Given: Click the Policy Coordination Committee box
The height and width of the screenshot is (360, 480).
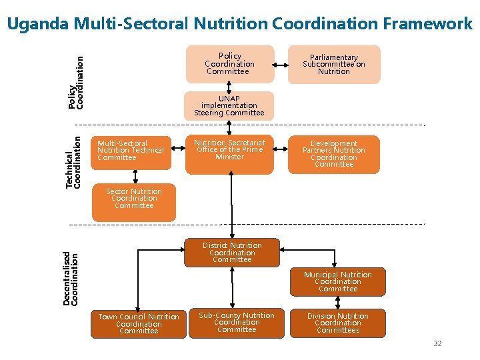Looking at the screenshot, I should coord(229,64).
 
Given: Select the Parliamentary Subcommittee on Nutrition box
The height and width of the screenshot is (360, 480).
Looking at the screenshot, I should coord(333,64).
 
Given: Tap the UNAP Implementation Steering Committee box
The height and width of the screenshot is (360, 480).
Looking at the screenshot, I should coord(229,105).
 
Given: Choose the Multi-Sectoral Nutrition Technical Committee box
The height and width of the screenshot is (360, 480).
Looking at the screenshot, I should coord(131,152).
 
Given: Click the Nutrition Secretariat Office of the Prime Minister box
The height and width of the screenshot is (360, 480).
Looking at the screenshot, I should coord(229,154).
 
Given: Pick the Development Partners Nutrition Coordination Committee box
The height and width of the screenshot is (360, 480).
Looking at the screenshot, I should coord(333,154).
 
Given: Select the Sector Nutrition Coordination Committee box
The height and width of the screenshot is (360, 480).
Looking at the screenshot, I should coord(134,201).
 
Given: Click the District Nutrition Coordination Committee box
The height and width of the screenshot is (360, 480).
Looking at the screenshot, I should coord(232,253).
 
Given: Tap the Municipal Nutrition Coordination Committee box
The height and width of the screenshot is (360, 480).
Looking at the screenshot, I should coord(338,281).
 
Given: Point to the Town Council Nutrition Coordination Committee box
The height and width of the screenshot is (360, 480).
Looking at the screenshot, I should coord(139,324).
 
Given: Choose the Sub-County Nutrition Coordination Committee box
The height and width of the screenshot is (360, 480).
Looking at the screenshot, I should coord(237,323).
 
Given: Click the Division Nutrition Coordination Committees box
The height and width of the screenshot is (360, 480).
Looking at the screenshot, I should coord(338,323).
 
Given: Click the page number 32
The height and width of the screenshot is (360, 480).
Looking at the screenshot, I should coord(437,343).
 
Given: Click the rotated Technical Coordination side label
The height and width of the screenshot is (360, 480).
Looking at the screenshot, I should coord(73,162).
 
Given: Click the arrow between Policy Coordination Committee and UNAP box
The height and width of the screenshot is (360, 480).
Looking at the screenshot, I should coord(229,87).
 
